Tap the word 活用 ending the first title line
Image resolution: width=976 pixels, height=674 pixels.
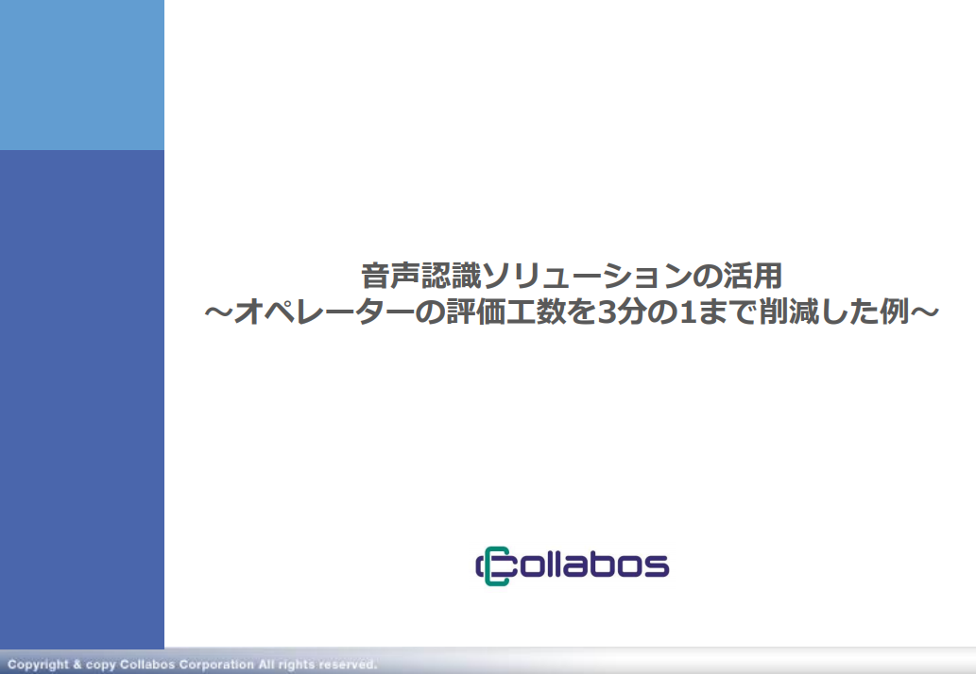point(752,276)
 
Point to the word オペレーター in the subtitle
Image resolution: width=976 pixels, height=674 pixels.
point(323,312)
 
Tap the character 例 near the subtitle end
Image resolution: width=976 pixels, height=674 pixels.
point(895,312)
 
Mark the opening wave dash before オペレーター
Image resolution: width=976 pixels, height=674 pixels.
point(218,312)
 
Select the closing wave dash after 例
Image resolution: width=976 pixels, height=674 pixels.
point(924,312)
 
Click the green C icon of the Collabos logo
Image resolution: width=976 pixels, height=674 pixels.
point(494,565)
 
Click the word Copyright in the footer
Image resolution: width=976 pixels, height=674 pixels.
point(38,665)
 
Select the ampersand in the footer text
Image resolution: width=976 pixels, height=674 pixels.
point(77,664)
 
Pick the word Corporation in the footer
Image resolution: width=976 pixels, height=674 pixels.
point(216,665)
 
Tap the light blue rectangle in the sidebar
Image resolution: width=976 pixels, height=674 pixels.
point(82,75)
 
